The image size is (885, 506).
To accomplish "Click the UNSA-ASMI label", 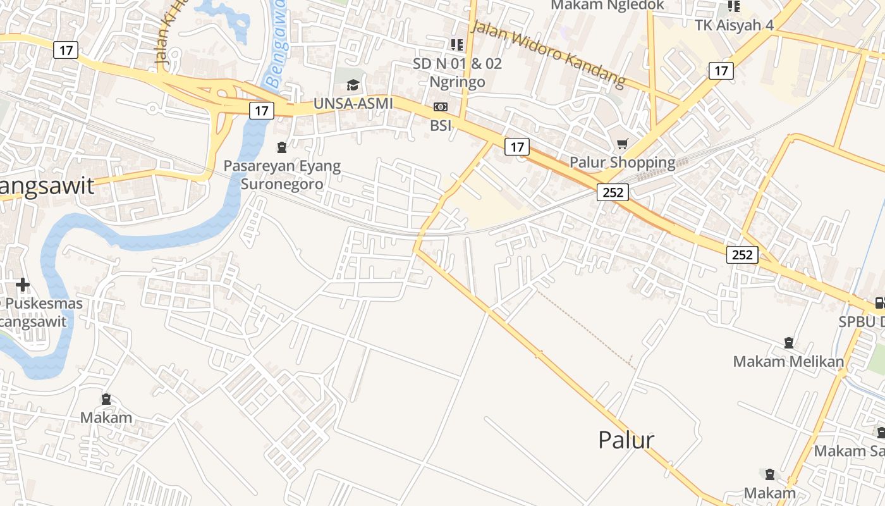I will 353,103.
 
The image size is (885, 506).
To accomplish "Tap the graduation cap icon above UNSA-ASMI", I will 353,85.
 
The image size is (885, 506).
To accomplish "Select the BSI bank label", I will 441,125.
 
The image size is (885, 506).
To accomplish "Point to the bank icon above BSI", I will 441,107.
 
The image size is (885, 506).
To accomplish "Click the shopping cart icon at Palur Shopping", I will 623,144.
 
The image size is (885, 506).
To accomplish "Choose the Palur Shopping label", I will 623,162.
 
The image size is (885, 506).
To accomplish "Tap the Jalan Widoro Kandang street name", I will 548,53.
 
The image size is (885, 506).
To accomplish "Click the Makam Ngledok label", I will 607,5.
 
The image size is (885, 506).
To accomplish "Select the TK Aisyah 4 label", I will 734,25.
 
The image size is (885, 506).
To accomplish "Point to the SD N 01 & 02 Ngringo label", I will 457,72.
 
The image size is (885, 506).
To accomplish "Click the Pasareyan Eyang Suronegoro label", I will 282,175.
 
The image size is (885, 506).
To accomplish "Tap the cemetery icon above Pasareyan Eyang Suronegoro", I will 282,148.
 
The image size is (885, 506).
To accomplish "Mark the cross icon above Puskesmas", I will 23,285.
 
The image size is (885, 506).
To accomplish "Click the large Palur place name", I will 626,440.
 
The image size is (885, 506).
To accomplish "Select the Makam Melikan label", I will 788,362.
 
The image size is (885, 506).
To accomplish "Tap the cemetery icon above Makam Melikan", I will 789,343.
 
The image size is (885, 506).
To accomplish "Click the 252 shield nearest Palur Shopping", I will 613,192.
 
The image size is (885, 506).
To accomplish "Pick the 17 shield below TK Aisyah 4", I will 721,70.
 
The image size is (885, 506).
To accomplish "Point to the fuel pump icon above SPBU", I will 879,303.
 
